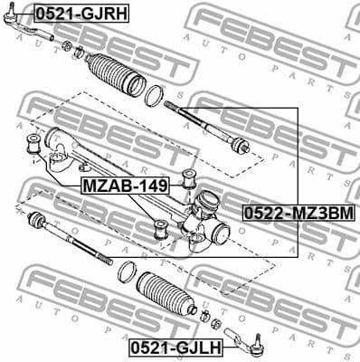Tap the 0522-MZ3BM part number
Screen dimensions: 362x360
point(297,213)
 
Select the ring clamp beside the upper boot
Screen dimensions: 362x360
point(155,93)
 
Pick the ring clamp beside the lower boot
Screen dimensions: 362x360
point(127,271)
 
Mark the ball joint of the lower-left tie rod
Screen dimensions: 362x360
point(36,221)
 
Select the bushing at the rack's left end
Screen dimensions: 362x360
point(35,142)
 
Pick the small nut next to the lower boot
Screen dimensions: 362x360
point(205,316)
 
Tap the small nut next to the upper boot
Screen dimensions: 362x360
point(79,47)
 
